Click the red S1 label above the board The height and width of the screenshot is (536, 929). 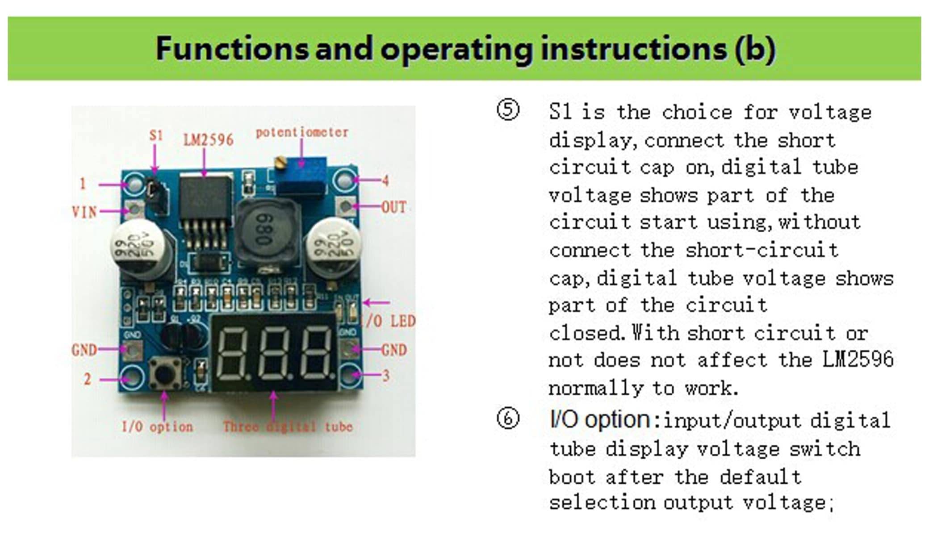click(156, 135)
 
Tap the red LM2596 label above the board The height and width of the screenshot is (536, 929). click(208, 140)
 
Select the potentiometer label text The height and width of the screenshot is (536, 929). click(302, 132)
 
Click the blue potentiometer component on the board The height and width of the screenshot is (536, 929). click(301, 176)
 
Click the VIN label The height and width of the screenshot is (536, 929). click(84, 212)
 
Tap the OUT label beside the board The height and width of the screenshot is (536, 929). click(393, 207)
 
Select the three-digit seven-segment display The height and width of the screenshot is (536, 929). click(273, 353)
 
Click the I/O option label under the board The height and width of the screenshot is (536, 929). click(157, 427)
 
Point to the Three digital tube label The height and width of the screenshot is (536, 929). click(288, 427)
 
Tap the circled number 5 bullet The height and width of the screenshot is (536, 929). click(508, 110)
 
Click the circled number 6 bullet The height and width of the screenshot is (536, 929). click(508, 419)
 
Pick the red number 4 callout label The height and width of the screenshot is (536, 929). click(385, 180)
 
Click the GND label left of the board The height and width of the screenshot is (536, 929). click(84, 350)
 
